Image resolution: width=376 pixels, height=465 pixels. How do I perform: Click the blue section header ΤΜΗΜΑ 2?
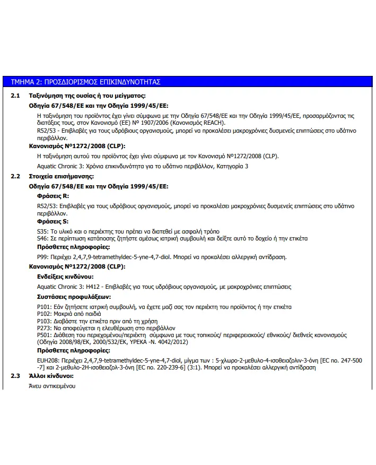click(85, 82)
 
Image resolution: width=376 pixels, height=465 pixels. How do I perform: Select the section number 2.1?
click(15, 96)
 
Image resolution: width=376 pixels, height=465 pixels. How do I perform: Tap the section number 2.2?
click(15, 176)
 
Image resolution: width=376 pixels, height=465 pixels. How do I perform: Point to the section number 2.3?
click(15, 376)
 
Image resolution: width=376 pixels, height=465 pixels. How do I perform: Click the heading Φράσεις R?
click(53, 196)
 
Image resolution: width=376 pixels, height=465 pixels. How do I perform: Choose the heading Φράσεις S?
click(53, 221)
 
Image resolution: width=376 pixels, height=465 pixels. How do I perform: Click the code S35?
click(42, 232)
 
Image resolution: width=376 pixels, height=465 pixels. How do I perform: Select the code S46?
click(42, 238)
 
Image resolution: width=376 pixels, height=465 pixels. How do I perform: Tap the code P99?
click(43, 257)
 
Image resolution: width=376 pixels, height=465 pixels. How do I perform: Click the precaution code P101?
click(44, 307)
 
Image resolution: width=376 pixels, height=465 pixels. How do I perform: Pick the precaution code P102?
click(44, 314)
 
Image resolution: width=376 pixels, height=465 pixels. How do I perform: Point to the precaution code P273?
click(44, 328)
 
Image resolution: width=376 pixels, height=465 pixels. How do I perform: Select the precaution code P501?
click(44, 335)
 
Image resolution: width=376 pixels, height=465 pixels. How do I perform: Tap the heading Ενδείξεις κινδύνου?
click(65, 277)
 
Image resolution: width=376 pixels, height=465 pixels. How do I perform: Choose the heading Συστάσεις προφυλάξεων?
click(73, 297)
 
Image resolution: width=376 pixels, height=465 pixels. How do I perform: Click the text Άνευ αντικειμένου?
click(52, 386)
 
